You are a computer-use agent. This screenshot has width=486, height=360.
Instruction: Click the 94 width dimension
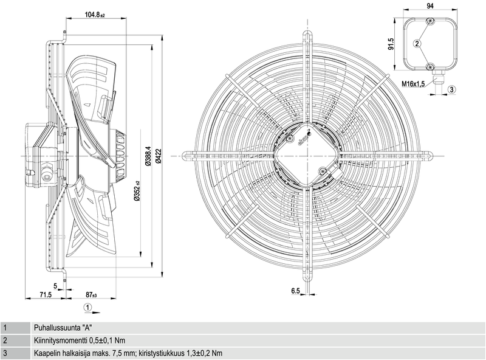(x=430, y=6)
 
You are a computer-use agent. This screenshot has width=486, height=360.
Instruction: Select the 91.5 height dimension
(x=391, y=44)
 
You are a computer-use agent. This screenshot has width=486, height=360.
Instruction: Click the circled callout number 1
(x=88, y=308)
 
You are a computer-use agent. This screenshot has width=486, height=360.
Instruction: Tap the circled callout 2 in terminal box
(x=417, y=43)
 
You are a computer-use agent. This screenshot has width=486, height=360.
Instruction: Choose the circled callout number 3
(x=451, y=89)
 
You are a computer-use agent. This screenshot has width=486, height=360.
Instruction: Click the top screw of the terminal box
(x=430, y=22)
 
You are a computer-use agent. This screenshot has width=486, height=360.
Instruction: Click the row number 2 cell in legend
(x=5, y=341)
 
